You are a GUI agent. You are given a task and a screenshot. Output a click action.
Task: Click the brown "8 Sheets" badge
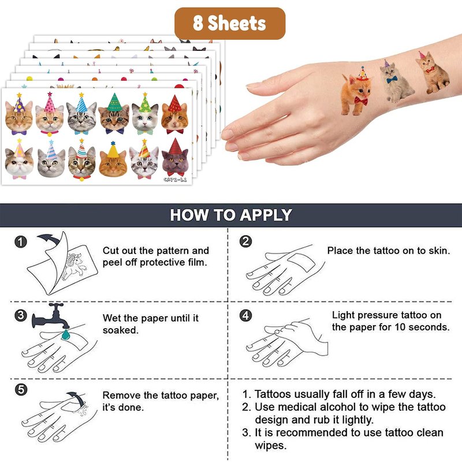point(230,23)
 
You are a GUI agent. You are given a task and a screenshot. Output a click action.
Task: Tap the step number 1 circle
point(21,242)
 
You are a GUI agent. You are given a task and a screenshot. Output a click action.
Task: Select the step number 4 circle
point(245,315)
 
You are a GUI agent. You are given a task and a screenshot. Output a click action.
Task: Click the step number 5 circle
point(21,389)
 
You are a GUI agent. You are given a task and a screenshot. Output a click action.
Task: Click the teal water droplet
point(65,334)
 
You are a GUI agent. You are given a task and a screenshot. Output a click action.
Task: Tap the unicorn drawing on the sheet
point(74,266)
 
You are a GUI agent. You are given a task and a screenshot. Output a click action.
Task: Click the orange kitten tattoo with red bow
point(356,93)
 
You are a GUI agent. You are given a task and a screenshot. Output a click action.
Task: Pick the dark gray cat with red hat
point(175,158)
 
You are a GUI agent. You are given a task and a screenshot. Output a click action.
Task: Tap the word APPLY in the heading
point(266,215)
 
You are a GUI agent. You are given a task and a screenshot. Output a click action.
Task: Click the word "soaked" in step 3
point(120,330)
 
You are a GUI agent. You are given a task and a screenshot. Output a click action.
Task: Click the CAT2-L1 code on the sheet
point(175,180)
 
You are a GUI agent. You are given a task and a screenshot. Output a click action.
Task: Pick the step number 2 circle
point(245,241)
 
